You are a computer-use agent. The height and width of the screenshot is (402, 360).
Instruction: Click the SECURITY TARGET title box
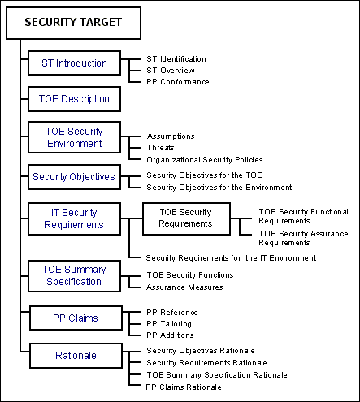[x=73, y=23]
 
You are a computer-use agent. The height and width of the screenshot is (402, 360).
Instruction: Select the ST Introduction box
[x=74, y=63]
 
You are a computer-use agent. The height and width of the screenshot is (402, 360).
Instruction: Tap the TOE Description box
[x=74, y=99]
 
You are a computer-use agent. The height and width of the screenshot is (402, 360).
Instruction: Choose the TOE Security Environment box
[x=74, y=137]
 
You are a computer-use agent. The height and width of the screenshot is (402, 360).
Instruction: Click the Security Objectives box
[x=74, y=177]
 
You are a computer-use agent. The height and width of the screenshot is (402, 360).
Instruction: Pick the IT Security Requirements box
[x=74, y=218]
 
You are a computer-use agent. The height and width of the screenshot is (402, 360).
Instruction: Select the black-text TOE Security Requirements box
[x=186, y=218]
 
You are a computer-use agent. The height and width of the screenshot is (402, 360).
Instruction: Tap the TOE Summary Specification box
[x=74, y=276]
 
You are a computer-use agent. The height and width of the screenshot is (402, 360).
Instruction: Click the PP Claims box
[x=76, y=318]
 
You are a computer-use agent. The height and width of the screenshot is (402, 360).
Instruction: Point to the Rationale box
[x=76, y=356]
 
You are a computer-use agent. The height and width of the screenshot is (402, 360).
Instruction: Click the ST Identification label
[x=176, y=59]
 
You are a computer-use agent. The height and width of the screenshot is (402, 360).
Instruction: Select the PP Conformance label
[x=178, y=82]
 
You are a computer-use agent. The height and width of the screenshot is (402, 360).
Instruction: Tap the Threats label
[x=160, y=148]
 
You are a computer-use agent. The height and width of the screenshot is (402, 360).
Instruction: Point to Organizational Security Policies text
[x=205, y=160]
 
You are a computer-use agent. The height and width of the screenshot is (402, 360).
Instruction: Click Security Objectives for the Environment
[x=219, y=188]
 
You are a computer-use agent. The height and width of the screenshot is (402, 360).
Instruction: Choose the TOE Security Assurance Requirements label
[x=303, y=238]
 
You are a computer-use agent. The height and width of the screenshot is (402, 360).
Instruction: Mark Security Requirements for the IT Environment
[x=231, y=258]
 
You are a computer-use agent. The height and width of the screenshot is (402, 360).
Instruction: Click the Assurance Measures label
[x=184, y=287]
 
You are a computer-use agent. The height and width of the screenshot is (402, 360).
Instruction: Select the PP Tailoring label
[x=169, y=324]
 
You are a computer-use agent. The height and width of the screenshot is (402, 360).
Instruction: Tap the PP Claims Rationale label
[x=184, y=387]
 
